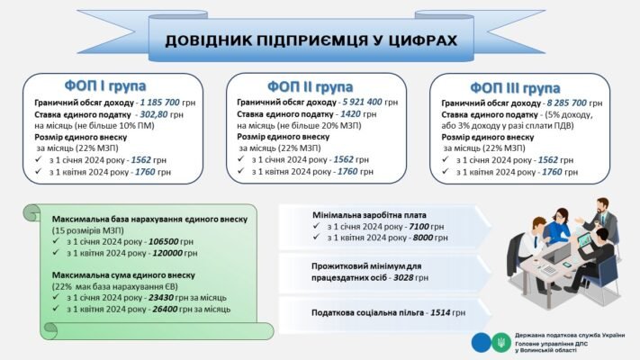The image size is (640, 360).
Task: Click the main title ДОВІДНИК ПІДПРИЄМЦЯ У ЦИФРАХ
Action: [310, 40]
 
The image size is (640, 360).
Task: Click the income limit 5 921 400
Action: [357, 103]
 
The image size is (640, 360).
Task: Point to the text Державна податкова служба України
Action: [570, 335]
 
